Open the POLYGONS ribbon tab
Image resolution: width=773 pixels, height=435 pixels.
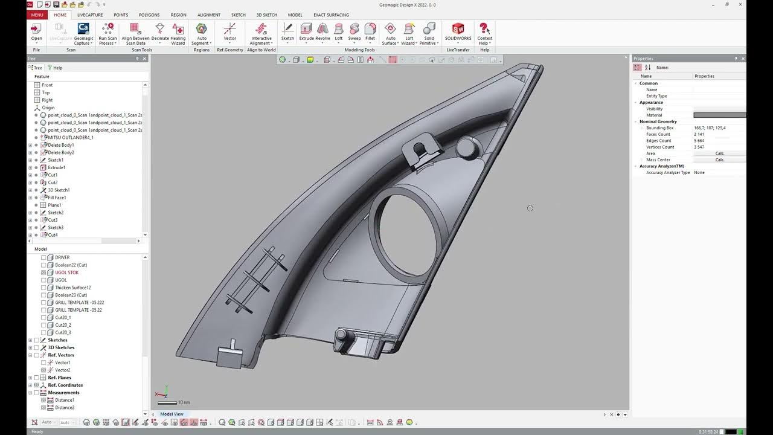[149, 15]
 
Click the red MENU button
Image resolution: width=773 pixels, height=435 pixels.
[37, 15]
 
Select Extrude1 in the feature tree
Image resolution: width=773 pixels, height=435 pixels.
[56, 167]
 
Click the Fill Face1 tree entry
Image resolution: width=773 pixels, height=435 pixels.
[57, 198]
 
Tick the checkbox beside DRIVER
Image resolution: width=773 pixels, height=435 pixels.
[43, 257]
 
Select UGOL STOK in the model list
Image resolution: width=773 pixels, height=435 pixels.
[66, 272]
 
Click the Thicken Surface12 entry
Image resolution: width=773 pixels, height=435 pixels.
[72, 288]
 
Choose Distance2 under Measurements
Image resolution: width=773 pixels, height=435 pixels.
[65, 408]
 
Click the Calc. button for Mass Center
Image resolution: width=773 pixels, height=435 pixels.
[719, 160]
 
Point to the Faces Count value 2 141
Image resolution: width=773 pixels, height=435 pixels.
[699, 134]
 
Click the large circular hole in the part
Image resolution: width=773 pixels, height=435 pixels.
[403, 233]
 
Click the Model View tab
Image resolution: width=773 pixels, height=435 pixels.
[172, 414]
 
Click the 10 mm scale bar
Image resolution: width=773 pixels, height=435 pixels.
[167, 402]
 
